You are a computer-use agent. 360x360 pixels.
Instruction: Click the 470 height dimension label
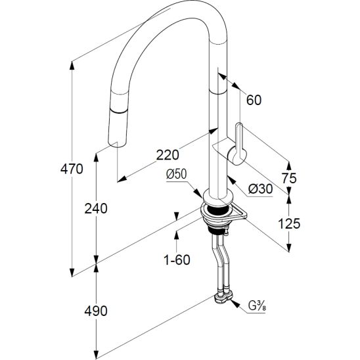[72, 169]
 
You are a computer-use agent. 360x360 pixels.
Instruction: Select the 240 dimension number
[96, 209]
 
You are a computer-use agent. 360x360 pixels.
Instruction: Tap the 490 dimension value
[96, 311]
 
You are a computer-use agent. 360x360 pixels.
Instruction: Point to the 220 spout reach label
[168, 155]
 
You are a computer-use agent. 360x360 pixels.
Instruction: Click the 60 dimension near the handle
[254, 100]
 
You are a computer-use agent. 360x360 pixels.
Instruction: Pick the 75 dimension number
[289, 178]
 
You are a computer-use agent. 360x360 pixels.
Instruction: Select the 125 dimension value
[289, 223]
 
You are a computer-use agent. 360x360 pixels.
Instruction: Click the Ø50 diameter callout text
[176, 174]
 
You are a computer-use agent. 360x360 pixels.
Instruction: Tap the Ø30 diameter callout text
[261, 189]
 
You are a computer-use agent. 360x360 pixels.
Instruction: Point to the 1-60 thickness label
[177, 259]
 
